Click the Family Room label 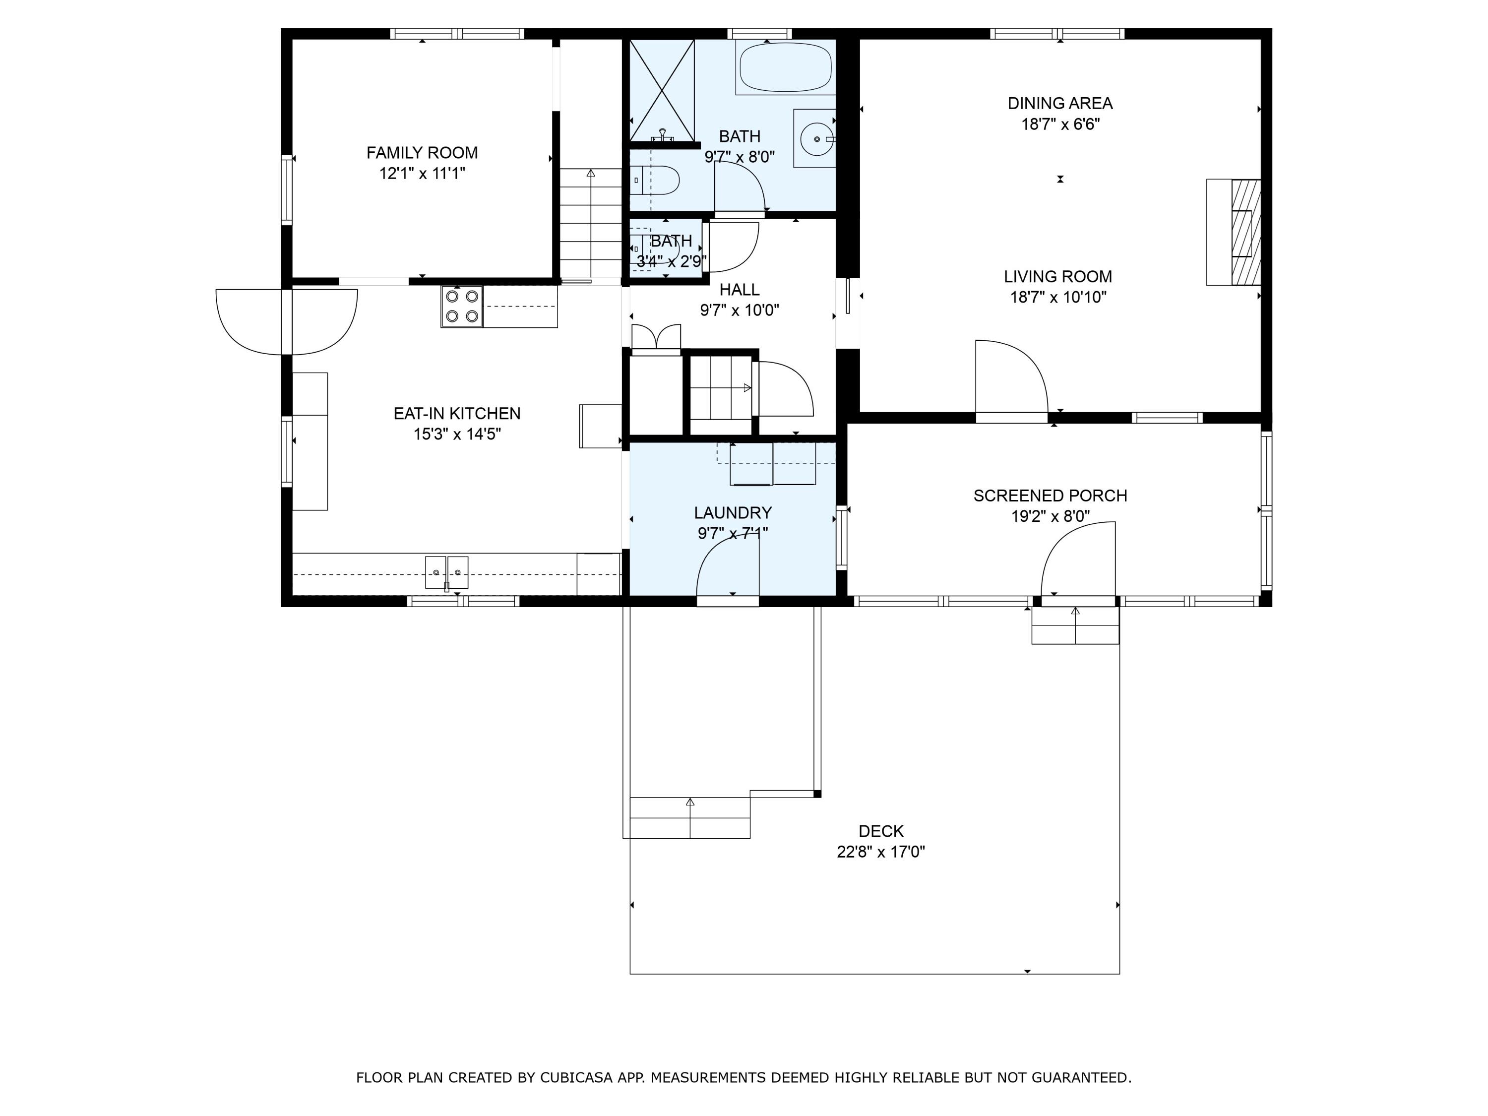(422, 153)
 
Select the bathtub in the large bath (785, 67)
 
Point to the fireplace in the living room (1244, 232)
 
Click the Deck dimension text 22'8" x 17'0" (880, 852)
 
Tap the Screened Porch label (1050, 496)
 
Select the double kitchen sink (447, 572)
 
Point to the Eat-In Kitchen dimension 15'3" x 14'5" (457, 434)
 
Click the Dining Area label (1059, 104)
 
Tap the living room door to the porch (1011, 380)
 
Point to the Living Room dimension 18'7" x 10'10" (1057, 297)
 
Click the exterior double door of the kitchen (287, 321)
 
